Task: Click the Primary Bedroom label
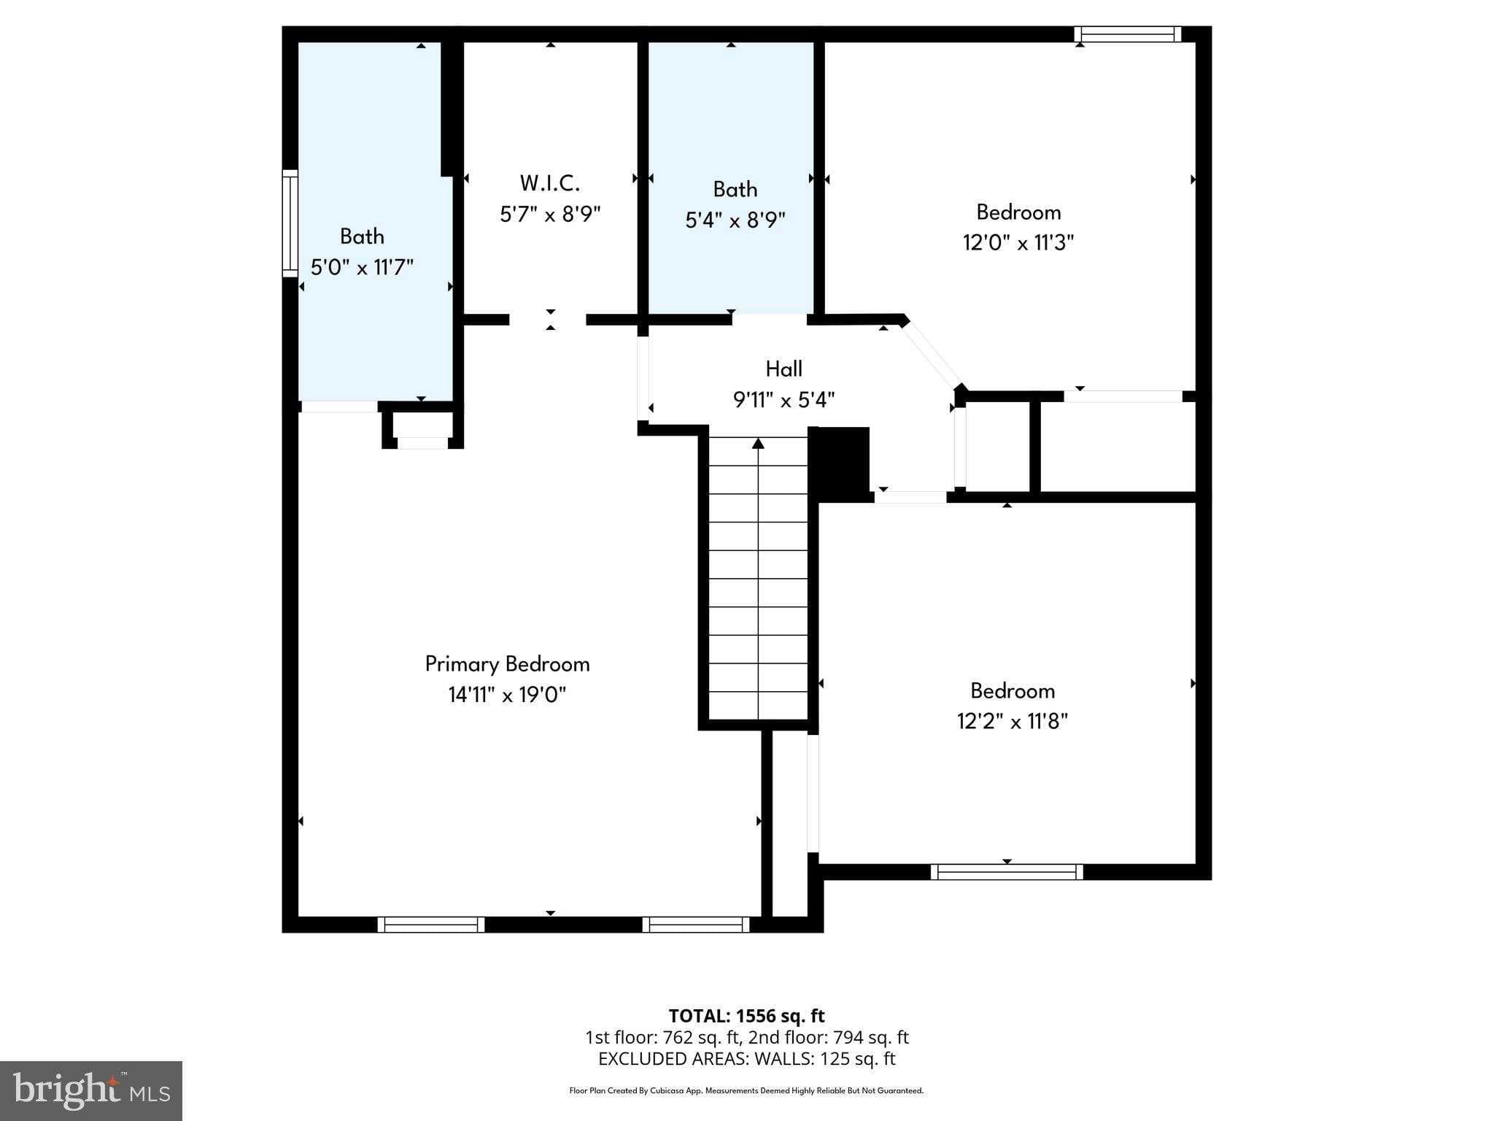coord(507,664)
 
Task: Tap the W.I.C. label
coord(550,182)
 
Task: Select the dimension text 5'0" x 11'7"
coord(362,267)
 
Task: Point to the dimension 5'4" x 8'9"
coord(735,220)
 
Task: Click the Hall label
coord(784,369)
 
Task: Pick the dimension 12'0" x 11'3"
coord(1018,242)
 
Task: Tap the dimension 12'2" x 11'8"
coord(1013,721)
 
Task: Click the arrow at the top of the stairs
coord(759,443)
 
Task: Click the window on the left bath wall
coord(290,223)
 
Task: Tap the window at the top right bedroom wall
coord(1127,34)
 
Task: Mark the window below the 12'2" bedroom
coord(1007,871)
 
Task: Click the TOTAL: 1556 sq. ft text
coord(747,1016)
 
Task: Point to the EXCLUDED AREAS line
coord(747,1059)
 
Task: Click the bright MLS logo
coord(91,1090)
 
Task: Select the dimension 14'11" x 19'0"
coord(507,695)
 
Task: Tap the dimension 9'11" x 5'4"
coord(784,400)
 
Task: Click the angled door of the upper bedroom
coord(932,354)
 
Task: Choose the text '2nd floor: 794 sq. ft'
coord(829,1037)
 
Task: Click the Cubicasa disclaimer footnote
coord(746,1091)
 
